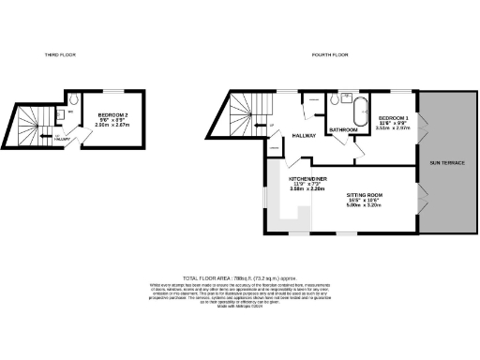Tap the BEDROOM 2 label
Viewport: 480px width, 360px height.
(113, 113)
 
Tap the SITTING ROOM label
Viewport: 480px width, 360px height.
(365, 194)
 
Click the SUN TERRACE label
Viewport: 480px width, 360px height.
(447, 162)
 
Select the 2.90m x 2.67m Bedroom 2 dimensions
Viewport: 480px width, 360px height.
(113, 125)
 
